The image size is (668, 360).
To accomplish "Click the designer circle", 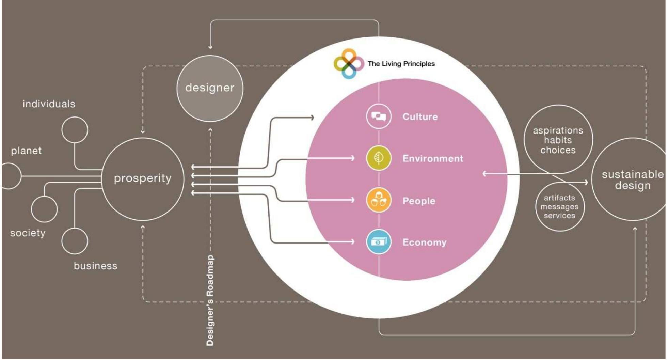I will coord(210,88).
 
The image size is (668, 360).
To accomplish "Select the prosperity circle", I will coord(143,179).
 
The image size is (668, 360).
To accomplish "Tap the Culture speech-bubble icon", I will coord(379,116).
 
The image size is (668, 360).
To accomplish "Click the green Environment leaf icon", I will coord(379,158).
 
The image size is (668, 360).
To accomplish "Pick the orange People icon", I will coord(379,200).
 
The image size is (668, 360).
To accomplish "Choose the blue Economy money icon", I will coord(379,242).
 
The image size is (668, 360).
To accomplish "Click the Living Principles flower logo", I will coord(348,63).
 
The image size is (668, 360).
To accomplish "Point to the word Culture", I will coord(420,117).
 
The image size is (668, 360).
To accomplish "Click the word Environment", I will coord(433,158).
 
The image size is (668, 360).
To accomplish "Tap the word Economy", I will coord(424,242).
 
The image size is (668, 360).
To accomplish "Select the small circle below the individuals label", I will coord(75,130).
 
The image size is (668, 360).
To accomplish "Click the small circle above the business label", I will coord(75,241).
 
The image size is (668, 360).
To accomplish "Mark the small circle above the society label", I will coord(44,209).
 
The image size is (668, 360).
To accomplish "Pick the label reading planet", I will coord(26,151).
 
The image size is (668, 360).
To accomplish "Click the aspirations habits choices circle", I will coord(558,140).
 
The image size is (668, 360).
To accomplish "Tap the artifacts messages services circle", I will coord(559,207).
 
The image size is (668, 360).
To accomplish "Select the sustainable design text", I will coord(633,180).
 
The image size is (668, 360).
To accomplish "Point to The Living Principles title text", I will coord(401,64).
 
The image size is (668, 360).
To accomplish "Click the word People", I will coord(419,201).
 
